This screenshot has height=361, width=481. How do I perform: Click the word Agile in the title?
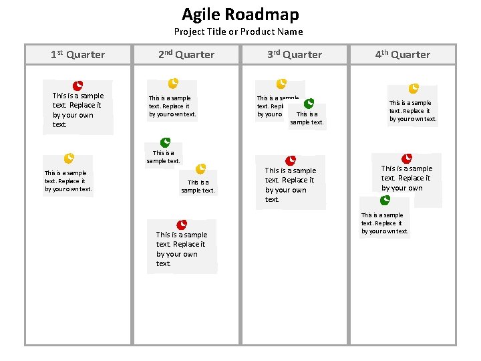[201, 15]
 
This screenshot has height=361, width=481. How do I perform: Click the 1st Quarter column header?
[78, 55]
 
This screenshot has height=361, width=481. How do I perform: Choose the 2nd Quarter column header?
[186, 55]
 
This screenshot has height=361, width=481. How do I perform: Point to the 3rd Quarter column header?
[295, 55]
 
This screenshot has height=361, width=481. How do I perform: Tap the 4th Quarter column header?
[402, 55]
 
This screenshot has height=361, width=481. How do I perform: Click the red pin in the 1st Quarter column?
[78, 85]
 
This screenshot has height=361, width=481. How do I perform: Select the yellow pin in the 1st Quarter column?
[68, 158]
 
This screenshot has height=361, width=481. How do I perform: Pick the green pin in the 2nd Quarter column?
[165, 142]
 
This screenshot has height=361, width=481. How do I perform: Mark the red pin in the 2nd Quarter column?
[182, 225]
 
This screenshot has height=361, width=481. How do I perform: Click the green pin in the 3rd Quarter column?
[309, 104]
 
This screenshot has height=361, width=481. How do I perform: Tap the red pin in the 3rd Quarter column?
[291, 160]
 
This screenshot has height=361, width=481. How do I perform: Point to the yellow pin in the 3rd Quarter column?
[281, 84]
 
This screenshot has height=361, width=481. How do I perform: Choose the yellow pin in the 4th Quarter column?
[414, 88]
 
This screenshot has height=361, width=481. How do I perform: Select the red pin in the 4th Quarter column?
[407, 158]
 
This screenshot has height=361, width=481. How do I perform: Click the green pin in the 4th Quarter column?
[385, 200]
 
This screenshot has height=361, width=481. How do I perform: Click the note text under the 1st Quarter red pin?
[78, 110]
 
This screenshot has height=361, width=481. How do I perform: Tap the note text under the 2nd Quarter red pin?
[182, 249]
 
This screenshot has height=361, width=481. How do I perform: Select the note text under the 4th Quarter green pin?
[385, 223]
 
